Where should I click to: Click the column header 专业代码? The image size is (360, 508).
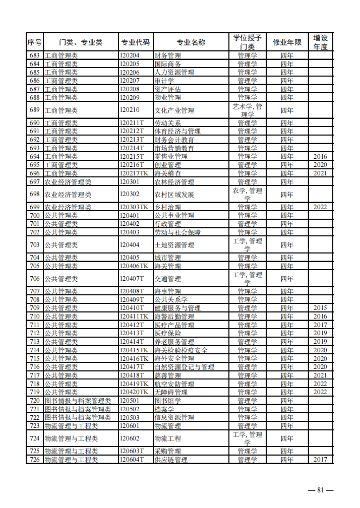[136, 42]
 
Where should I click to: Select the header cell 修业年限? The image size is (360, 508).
[287, 42]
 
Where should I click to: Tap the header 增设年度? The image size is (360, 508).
[320, 42]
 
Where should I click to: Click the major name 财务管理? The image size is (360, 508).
[167, 55]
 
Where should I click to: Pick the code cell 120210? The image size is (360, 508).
[130, 110]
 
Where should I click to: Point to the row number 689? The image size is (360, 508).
[35, 110]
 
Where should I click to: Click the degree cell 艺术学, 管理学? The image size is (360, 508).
[247, 110]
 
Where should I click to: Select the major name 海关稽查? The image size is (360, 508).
[167, 173]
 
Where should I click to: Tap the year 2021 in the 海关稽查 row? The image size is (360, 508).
[320, 173]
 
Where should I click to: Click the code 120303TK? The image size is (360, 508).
[134, 207]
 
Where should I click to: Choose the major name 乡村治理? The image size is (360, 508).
[167, 207]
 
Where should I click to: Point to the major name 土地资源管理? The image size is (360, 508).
[174, 245]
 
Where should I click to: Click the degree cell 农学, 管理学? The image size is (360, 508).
[247, 194]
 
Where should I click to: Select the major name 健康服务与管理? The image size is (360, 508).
[177, 308]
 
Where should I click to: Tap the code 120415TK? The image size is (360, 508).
[134, 350]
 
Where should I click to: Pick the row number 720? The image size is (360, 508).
[35, 401]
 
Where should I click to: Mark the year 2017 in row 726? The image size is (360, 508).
[320, 460]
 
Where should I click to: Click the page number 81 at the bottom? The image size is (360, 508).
[321, 490]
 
